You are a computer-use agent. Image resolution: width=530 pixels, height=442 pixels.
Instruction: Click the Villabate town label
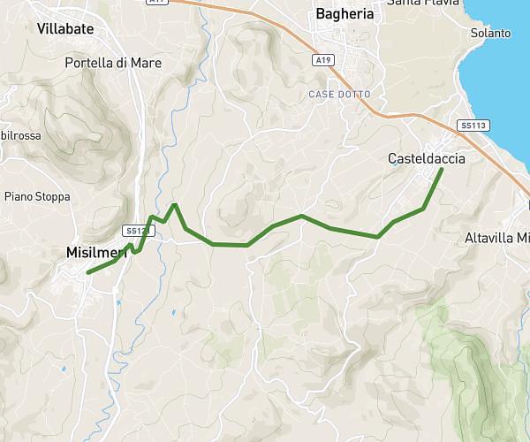point(66,28)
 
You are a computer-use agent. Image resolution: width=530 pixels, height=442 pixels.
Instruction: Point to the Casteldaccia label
point(426,158)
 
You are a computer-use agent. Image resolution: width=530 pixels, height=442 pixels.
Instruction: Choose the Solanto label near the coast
point(492,33)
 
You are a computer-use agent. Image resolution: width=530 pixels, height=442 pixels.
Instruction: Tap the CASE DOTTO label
point(339,94)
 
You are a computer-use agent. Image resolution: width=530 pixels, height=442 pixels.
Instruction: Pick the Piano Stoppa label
point(37,196)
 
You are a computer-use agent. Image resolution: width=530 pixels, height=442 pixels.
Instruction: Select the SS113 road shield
point(473,126)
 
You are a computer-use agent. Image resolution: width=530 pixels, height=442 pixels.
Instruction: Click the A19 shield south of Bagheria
point(323,60)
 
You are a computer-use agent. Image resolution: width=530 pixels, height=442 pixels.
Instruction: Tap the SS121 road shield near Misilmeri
point(136,231)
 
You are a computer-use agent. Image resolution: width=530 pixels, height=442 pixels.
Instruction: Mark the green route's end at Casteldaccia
point(441,169)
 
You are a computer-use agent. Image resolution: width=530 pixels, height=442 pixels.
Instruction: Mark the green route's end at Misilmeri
point(88,272)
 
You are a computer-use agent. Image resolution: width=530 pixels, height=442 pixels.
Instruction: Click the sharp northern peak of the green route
point(175,205)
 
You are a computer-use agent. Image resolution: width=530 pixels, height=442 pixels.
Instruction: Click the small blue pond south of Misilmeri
point(118,303)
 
